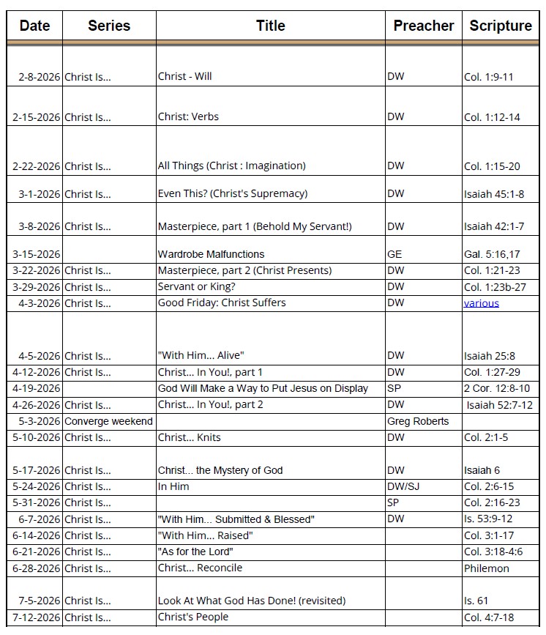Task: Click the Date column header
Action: (x=34, y=26)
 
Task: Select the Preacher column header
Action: (x=423, y=26)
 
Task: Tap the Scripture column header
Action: (x=501, y=26)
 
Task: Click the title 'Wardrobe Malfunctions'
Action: (x=211, y=254)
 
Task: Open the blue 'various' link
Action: (x=481, y=303)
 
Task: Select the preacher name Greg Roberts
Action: (x=418, y=421)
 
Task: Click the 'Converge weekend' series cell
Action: (x=108, y=421)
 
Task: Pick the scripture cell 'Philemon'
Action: (x=486, y=568)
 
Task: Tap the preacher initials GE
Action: (x=394, y=254)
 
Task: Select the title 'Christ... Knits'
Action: (x=189, y=437)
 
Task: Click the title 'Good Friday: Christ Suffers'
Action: (x=222, y=302)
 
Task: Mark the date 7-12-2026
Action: (x=37, y=617)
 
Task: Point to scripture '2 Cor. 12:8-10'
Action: (x=496, y=388)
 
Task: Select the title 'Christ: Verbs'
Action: (x=188, y=116)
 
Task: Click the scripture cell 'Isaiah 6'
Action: (x=482, y=470)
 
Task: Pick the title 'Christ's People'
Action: (x=193, y=617)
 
